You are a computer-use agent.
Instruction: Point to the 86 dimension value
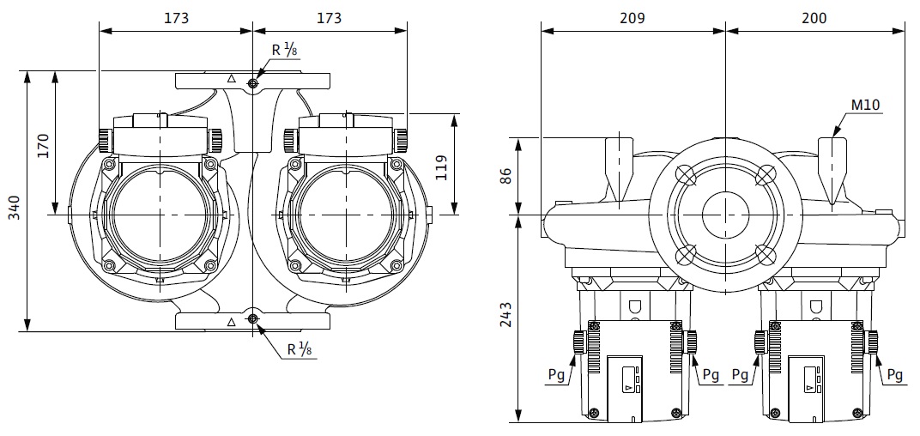[505, 175]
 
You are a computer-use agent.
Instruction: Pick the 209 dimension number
[632, 18]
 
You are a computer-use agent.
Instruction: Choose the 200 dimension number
[815, 18]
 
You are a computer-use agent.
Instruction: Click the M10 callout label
[866, 105]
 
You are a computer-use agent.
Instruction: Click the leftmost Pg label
[556, 375]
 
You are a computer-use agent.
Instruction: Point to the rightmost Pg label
[894, 375]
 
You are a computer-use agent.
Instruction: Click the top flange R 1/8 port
[252, 83]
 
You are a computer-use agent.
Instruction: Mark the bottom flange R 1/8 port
[252, 320]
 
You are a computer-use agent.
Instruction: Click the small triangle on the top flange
[232, 79]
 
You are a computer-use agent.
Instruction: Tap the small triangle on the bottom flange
[232, 323]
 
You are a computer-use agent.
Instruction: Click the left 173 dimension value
[175, 18]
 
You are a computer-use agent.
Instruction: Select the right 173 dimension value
[329, 18]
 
